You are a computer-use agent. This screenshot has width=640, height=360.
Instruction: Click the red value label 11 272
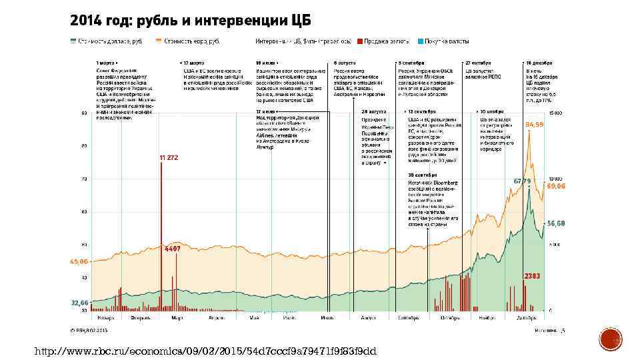(169, 157)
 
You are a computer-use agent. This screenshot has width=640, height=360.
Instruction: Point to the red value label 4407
(173, 249)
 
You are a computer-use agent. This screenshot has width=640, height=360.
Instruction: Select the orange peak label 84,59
(534, 125)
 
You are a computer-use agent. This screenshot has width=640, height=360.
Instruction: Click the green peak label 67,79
(521, 181)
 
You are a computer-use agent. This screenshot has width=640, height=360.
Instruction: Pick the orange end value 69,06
(556, 187)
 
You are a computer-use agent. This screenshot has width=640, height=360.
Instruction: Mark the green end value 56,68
(556, 223)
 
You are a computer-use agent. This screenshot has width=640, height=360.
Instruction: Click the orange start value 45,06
(79, 262)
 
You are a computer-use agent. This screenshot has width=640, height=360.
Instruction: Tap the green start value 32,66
(79, 303)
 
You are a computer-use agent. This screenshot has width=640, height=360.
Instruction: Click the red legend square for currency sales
(359, 41)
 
